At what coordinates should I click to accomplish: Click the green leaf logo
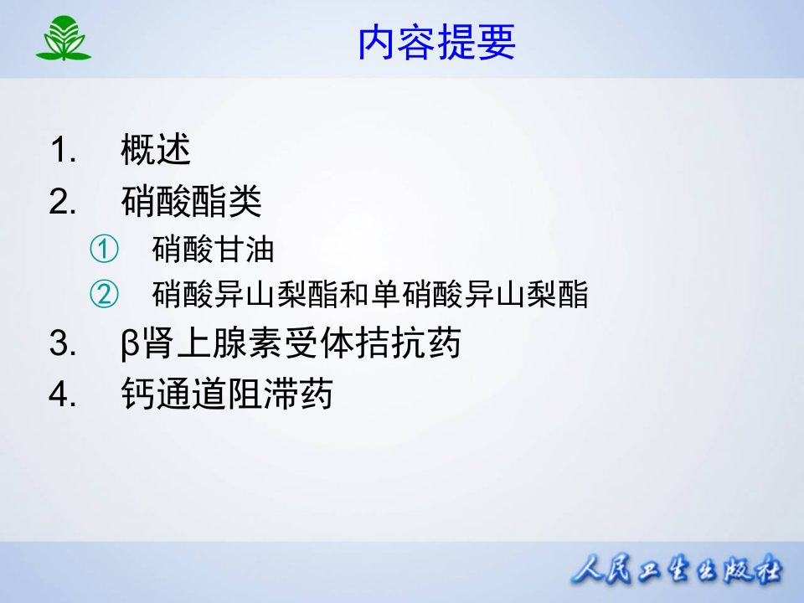[63, 39]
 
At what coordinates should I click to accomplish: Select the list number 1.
[63, 152]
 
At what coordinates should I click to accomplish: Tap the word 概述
[156, 151]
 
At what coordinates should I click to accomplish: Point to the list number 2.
[63, 203]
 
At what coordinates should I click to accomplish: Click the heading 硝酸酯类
[191, 202]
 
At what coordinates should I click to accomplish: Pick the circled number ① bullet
[105, 249]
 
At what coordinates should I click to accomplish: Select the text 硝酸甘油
[214, 249]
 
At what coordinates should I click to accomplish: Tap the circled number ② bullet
[105, 294]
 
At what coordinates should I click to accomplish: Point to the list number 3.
[63, 344]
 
